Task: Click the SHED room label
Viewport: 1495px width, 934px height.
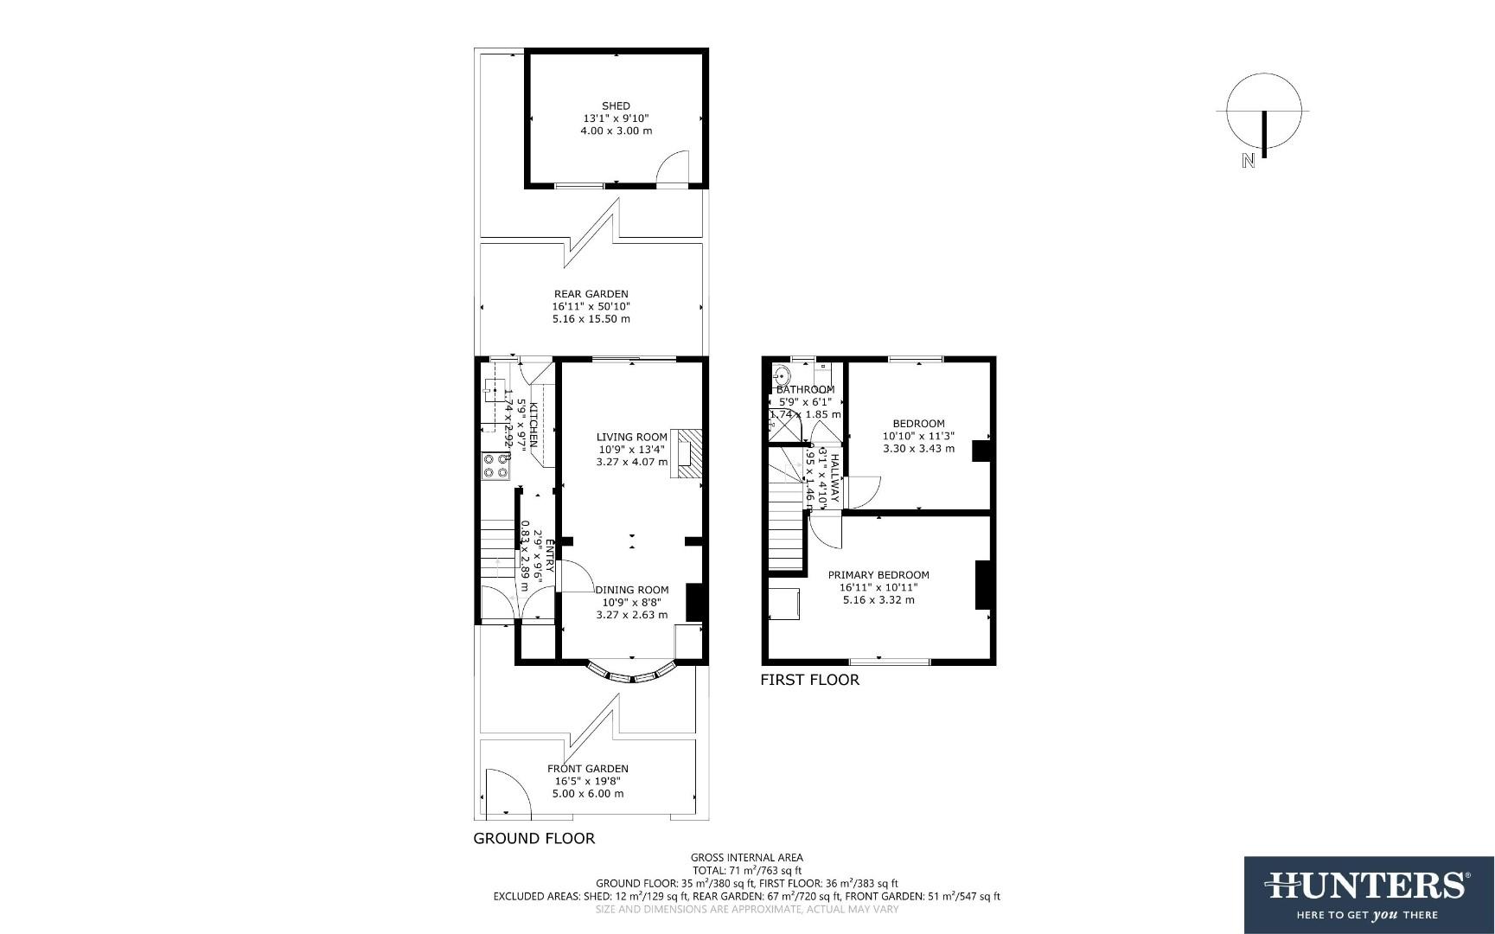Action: tap(616, 106)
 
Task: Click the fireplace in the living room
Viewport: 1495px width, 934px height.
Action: tap(689, 453)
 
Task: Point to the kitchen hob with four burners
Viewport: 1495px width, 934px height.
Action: tap(496, 467)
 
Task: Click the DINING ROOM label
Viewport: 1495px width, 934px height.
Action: tap(632, 590)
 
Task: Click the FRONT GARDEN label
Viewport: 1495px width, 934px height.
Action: tap(588, 769)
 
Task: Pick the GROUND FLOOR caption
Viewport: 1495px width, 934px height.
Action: tap(534, 839)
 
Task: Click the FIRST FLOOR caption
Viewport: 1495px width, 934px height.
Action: tap(809, 681)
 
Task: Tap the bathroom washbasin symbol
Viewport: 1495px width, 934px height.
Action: tap(782, 377)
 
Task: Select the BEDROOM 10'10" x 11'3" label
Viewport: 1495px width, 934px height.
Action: tap(918, 424)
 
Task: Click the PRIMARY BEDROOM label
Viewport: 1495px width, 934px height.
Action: tap(878, 575)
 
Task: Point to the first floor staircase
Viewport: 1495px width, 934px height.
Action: tap(787, 510)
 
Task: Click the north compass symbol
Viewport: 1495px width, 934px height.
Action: tap(1263, 112)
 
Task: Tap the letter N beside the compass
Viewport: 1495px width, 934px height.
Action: tap(1248, 161)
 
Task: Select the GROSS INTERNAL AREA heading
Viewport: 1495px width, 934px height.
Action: tap(747, 858)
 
